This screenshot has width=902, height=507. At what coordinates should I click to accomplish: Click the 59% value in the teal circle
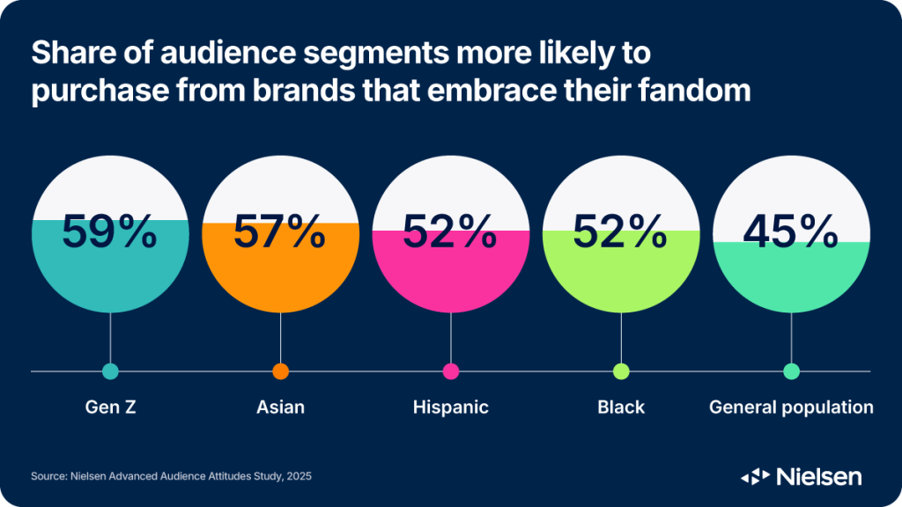[x=109, y=231]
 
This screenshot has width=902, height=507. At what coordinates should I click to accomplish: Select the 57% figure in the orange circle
[x=279, y=231]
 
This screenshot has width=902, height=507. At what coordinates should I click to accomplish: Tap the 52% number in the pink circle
[x=450, y=231]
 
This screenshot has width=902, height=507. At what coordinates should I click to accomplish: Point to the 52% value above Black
[x=620, y=231]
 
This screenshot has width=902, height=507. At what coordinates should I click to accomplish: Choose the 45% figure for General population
[x=790, y=231]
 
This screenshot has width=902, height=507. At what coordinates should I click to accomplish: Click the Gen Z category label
[x=110, y=407]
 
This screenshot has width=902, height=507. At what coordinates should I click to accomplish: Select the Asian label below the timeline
[x=280, y=407]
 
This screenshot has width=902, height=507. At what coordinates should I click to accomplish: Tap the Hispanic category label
[x=450, y=408]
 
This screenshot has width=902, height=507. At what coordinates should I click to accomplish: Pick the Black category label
[x=621, y=407]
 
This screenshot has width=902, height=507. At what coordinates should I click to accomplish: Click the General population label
[x=791, y=408]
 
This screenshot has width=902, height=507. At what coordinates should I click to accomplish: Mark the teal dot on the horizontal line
[x=110, y=371]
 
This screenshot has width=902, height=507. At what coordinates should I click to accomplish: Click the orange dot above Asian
[x=281, y=371]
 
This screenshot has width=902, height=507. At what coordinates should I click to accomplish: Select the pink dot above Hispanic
[x=451, y=371]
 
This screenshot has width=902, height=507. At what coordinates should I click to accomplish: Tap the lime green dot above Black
[x=621, y=371]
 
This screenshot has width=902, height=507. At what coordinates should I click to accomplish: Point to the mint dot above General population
[x=792, y=371]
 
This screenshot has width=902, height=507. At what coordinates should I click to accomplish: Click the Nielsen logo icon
[x=755, y=476]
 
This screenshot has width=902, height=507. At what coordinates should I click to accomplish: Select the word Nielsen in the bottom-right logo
[x=819, y=476]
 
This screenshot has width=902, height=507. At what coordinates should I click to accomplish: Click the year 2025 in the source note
[x=299, y=476]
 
